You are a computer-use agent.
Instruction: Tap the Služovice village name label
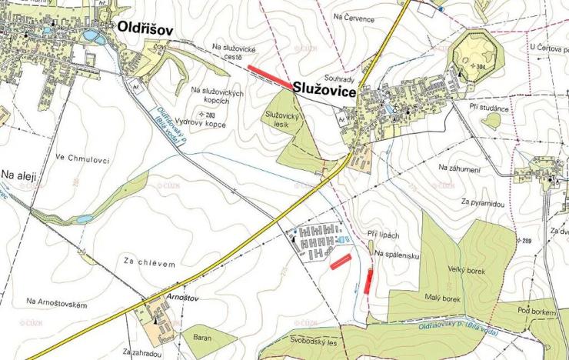(x=324, y=92)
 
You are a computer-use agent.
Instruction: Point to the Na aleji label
(x=19, y=175)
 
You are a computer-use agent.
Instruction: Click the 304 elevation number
(x=481, y=67)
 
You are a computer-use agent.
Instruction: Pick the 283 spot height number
(x=210, y=115)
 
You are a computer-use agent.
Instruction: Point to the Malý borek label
(x=441, y=298)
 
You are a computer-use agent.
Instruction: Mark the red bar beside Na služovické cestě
(x=269, y=77)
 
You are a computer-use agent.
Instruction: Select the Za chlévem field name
(x=149, y=263)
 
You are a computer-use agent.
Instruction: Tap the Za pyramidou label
(x=483, y=203)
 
